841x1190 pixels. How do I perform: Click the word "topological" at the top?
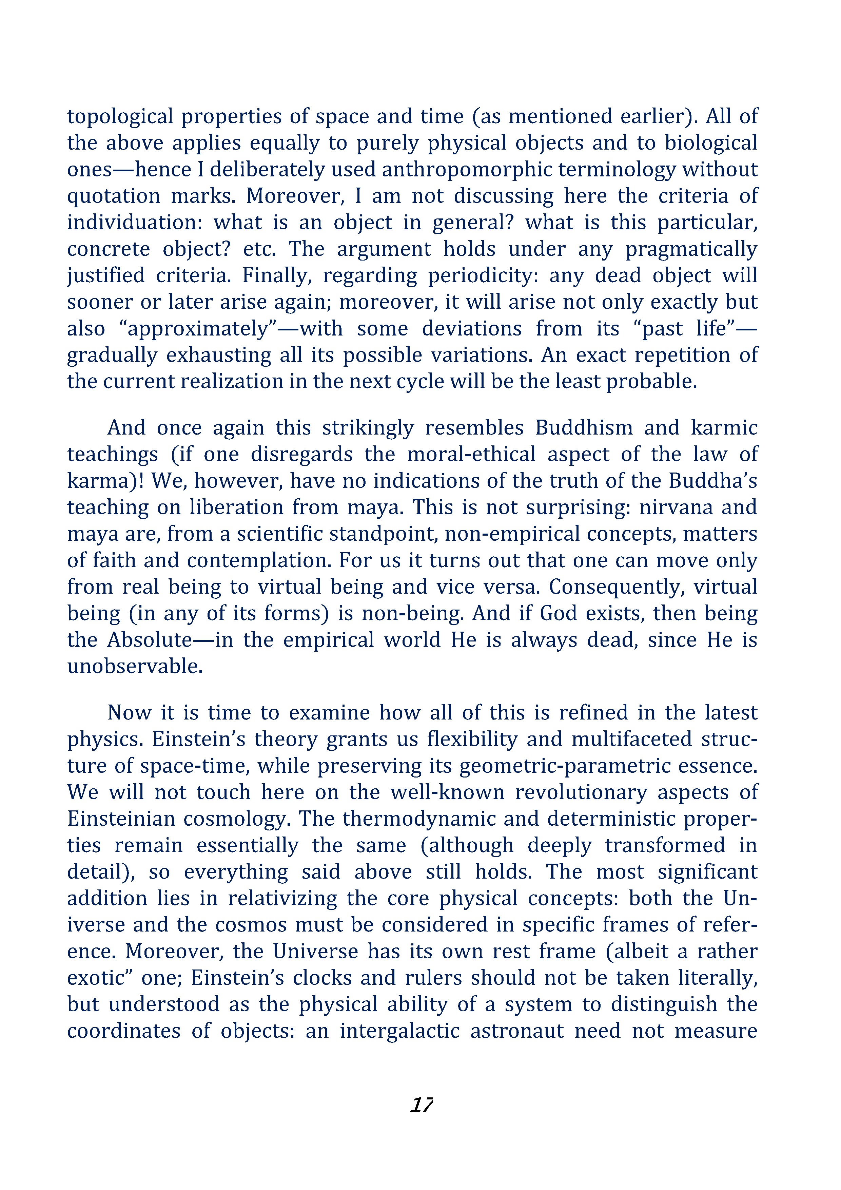click(x=120, y=117)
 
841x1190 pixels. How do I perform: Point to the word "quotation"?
click(x=114, y=196)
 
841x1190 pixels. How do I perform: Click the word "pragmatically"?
click(x=691, y=250)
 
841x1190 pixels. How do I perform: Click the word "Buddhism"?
click(x=584, y=428)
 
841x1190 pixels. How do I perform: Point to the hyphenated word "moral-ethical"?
click(x=471, y=455)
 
